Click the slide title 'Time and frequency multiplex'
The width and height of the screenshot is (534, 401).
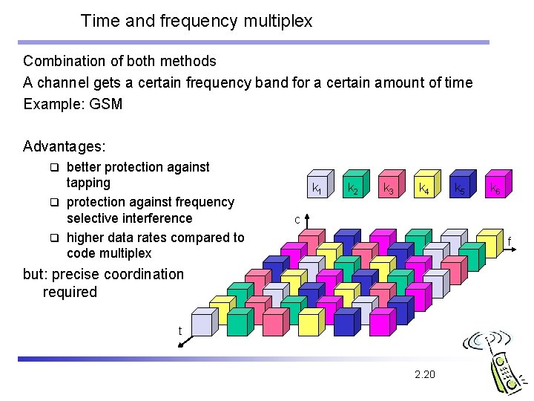point(197,21)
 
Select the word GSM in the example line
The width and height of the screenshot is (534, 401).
point(105,104)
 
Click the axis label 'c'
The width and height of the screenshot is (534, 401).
point(297,220)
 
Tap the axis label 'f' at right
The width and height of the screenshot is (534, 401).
point(510,241)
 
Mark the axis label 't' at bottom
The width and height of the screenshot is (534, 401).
point(179,331)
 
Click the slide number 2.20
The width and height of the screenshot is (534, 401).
point(425,374)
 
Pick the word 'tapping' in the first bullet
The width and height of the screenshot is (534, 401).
point(88,183)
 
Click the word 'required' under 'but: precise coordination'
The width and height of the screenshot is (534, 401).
point(70,292)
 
